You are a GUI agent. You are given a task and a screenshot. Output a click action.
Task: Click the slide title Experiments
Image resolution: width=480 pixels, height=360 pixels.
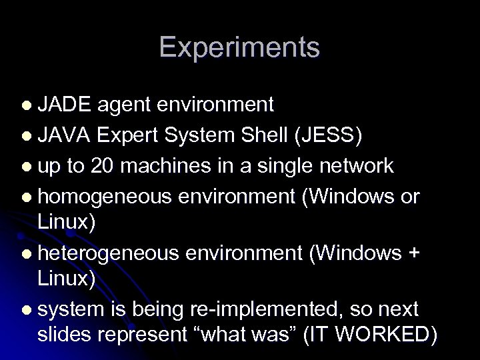[x=239, y=48]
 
